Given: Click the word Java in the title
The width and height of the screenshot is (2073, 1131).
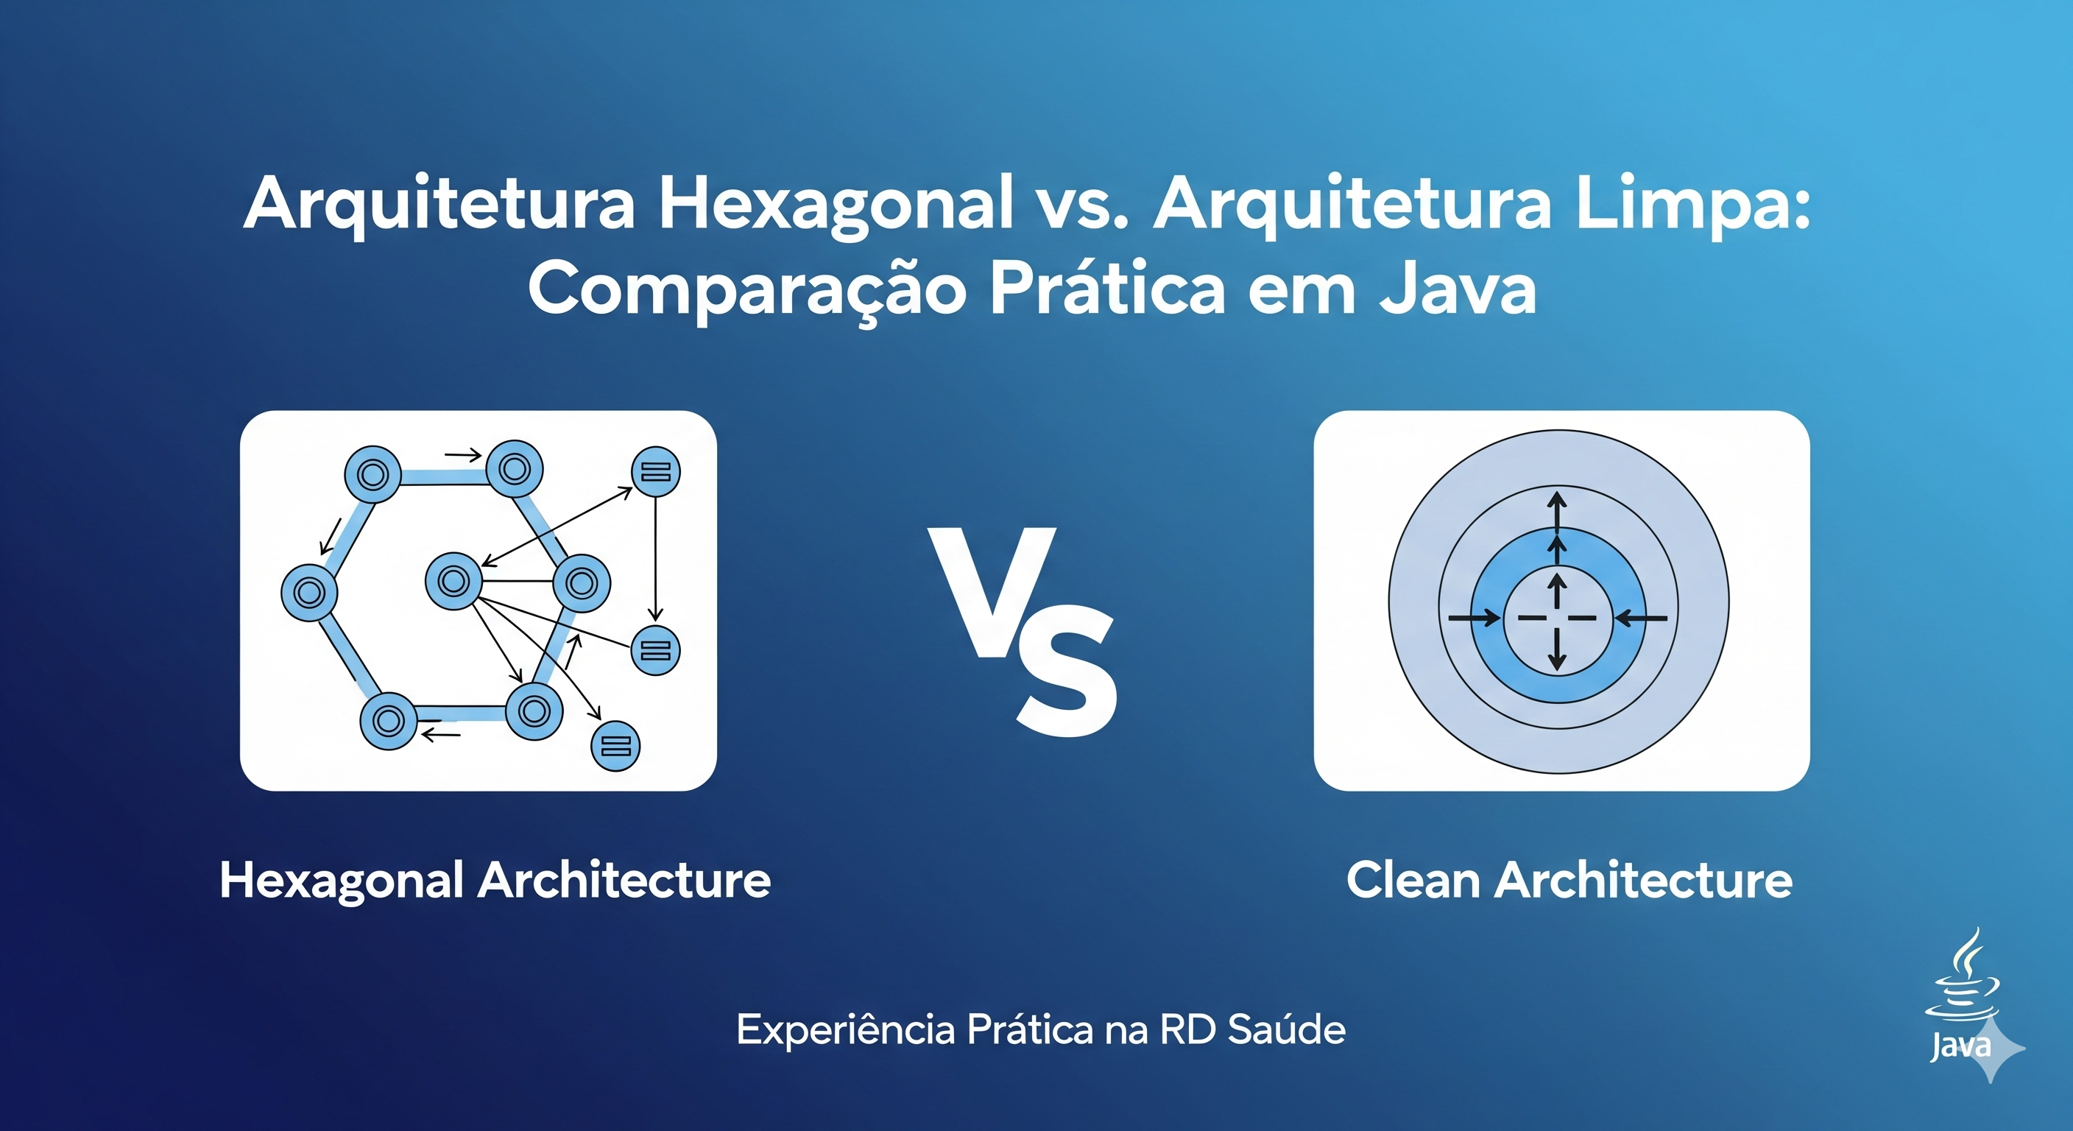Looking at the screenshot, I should (1458, 290).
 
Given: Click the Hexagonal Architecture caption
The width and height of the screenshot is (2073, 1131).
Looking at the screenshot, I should (495, 880).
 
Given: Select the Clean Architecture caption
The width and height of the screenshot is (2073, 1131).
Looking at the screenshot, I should (1569, 880).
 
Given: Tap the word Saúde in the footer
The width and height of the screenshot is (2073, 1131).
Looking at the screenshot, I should (1287, 1029).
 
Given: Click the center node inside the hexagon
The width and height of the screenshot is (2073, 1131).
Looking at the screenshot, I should (453, 580).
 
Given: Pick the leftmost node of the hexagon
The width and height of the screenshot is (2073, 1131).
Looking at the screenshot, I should (309, 593).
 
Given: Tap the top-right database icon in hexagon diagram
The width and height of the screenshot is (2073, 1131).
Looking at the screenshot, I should (656, 472).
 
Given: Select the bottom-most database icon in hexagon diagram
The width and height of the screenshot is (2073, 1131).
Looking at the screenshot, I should (615, 746).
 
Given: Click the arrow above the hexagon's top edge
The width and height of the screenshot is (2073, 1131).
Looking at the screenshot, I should (463, 456).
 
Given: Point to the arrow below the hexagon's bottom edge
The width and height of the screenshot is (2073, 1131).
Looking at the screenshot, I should (441, 733).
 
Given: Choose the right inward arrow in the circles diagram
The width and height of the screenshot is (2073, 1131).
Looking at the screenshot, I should (1642, 619).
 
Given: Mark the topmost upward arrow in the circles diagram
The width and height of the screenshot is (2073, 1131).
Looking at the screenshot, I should (1558, 509).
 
